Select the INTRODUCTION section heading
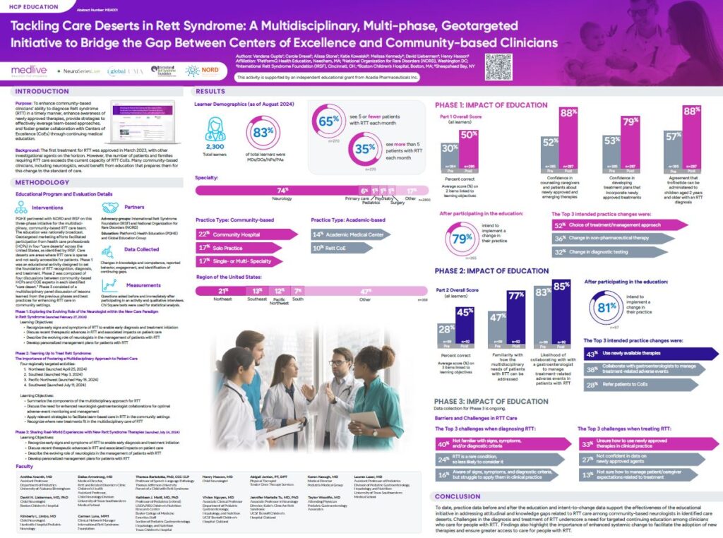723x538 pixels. click(x=42, y=91)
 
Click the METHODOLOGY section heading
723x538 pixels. click(x=42, y=181)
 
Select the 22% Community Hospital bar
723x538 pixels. click(x=244, y=233)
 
